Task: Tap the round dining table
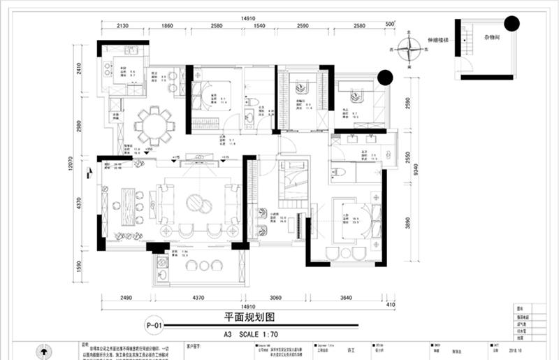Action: (x=154, y=125)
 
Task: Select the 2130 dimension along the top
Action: (x=122, y=26)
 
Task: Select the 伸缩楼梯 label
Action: (x=437, y=41)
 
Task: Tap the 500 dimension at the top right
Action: (x=390, y=25)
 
